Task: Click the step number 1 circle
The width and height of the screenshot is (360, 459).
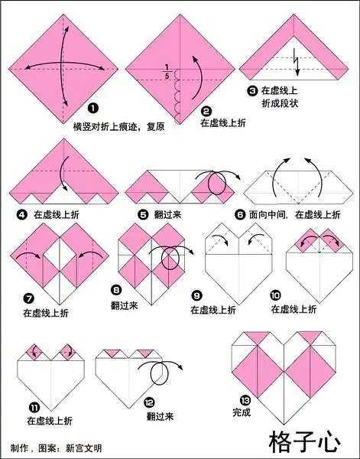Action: point(92,109)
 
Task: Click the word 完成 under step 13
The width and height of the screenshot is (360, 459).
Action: point(241,412)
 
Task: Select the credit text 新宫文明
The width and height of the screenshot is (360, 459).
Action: point(85,448)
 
